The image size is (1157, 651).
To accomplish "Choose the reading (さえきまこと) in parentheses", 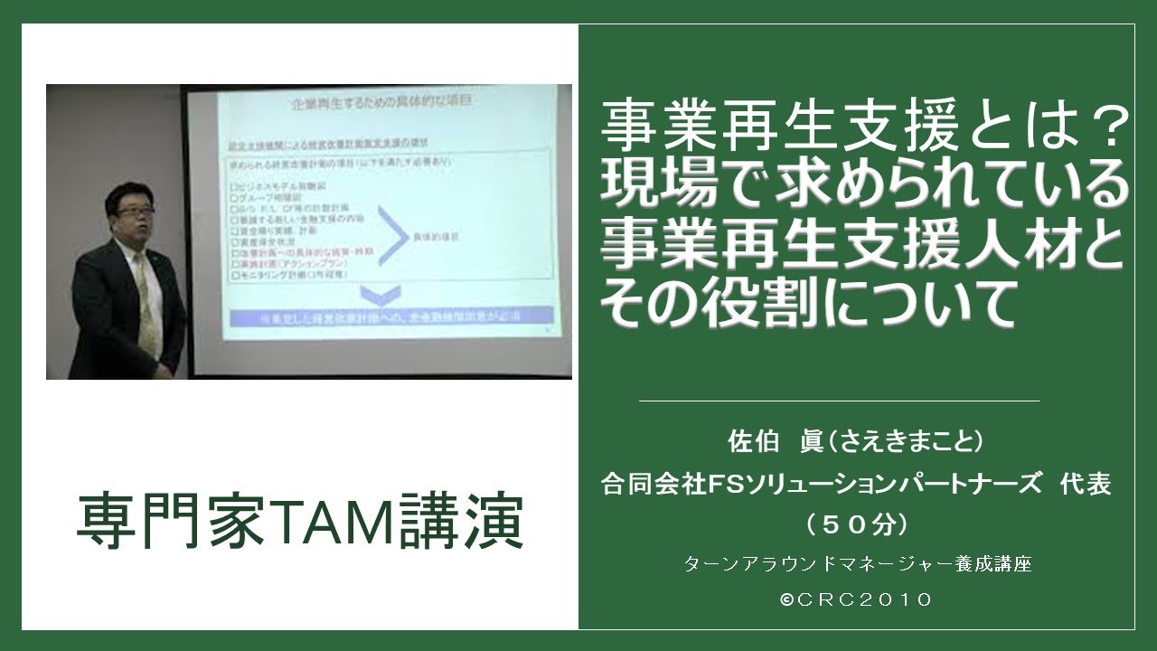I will pyautogui.click(x=904, y=443).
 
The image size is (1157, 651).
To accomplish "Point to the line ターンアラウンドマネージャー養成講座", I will pyautogui.click(x=857, y=564).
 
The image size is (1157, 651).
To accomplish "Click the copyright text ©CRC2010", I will pyautogui.click(x=857, y=600).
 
